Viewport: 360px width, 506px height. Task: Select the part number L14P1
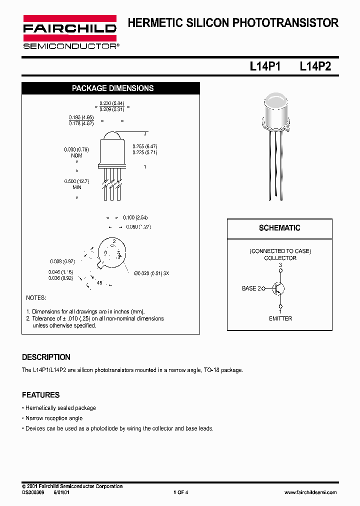(265, 66)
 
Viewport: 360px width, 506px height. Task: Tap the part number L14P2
(315, 66)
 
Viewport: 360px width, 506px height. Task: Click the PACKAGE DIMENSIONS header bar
(112, 88)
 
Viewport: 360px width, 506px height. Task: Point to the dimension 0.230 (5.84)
(111, 103)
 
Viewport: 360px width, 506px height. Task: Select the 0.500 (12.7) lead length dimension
(76, 181)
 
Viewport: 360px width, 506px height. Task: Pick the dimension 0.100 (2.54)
(135, 218)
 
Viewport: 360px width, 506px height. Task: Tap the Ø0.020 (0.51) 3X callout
(151, 273)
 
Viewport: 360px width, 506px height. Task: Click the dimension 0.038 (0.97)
(62, 261)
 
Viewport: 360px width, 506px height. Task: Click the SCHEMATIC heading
(279, 228)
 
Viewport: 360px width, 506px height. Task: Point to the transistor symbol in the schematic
(278, 288)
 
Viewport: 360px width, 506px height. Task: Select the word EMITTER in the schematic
(280, 318)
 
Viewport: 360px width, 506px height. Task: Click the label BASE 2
(252, 288)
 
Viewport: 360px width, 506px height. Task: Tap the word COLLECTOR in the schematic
(280, 258)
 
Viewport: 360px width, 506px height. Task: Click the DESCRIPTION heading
(46, 357)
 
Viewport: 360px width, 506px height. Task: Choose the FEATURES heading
(40, 395)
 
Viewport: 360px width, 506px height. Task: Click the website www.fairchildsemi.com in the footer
(310, 492)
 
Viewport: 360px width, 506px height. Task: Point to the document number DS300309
(33, 492)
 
